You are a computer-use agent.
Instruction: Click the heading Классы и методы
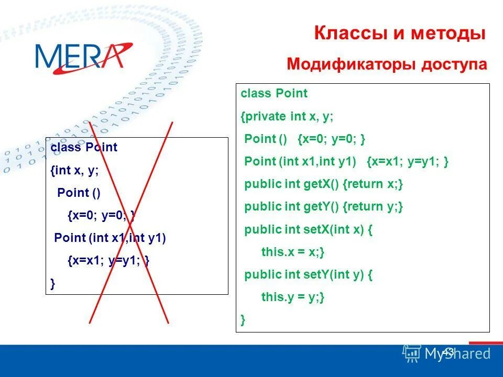point(400,34)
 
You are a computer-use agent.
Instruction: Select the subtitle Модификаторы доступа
point(387,64)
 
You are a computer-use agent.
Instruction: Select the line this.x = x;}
point(293,252)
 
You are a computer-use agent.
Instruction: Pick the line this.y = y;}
point(293,297)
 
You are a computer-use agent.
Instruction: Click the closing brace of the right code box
point(243,319)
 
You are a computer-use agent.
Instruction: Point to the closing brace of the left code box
point(52,283)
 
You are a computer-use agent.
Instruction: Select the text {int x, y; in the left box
point(74,170)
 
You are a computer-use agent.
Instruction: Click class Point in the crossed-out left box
point(84,148)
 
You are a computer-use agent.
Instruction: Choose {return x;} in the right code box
point(373,184)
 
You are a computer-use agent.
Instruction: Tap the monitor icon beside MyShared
point(412,354)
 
